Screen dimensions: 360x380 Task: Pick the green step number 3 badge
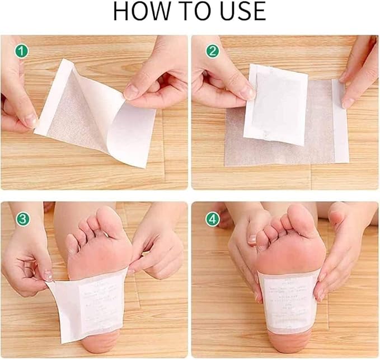click(22, 219)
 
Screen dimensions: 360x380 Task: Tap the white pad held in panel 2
click(275, 104)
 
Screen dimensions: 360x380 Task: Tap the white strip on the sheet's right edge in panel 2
click(340, 120)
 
